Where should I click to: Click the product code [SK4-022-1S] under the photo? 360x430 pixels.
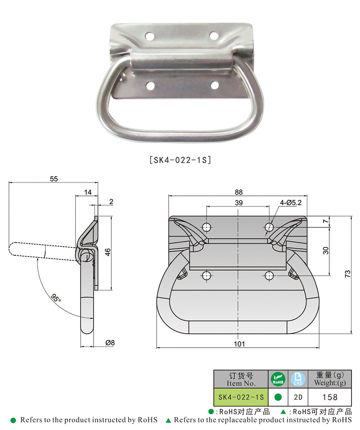[180, 159]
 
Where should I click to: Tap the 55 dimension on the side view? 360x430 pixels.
[54, 179]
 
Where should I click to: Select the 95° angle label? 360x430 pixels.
[56, 298]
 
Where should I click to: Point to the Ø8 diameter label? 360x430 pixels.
[110, 343]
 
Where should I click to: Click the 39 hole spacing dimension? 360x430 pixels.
[238, 203]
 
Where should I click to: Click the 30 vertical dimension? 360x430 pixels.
[326, 250]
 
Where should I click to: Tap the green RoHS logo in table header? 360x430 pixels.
[278, 379]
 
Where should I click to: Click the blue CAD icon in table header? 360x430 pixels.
[298, 379]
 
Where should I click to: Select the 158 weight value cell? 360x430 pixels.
[330, 397]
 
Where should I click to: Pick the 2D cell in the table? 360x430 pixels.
[298, 397]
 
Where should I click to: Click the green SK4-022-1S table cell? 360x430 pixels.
[240, 397]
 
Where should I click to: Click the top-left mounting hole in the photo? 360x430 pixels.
[149, 35]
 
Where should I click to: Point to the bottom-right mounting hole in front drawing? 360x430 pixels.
[269, 275]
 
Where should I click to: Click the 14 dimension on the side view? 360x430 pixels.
[87, 192]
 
